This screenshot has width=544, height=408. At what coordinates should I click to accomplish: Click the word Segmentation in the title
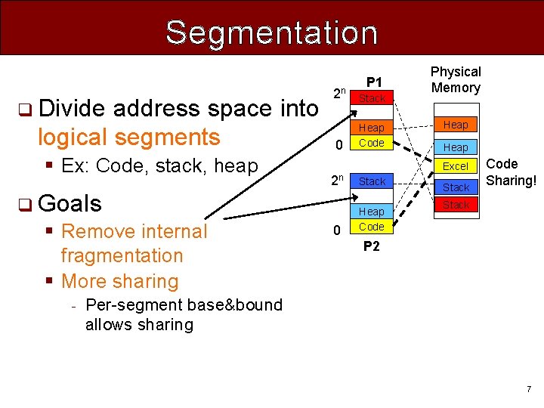point(271,32)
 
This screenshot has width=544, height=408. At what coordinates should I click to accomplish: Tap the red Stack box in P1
point(372,98)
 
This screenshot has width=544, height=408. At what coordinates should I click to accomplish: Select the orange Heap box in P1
point(372,128)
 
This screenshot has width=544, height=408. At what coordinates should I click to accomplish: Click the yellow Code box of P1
point(372,143)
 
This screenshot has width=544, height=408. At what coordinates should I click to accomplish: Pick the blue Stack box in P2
point(372,181)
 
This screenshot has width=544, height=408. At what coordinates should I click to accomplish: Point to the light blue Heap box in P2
point(372,212)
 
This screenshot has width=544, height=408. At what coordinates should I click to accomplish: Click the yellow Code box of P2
point(372,227)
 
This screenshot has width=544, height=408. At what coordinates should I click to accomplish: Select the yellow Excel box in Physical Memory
point(456,166)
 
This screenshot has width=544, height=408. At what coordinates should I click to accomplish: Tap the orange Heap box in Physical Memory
point(456,125)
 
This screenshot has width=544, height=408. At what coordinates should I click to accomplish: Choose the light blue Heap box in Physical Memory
point(456,147)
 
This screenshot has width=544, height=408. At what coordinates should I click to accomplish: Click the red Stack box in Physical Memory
point(456,205)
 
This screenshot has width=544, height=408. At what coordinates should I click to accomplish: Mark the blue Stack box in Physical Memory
point(456,187)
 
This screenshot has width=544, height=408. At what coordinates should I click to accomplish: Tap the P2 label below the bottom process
point(372,246)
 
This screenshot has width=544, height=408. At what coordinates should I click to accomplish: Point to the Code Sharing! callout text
point(512,172)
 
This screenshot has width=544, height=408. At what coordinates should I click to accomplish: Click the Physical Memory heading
point(456,79)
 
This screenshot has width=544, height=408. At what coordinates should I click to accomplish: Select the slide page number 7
point(529,389)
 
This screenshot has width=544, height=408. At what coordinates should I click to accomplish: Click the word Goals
point(70,203)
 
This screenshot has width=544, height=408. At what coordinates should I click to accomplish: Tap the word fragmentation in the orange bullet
point(122,256)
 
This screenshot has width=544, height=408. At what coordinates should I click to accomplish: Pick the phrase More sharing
point(119,281)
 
